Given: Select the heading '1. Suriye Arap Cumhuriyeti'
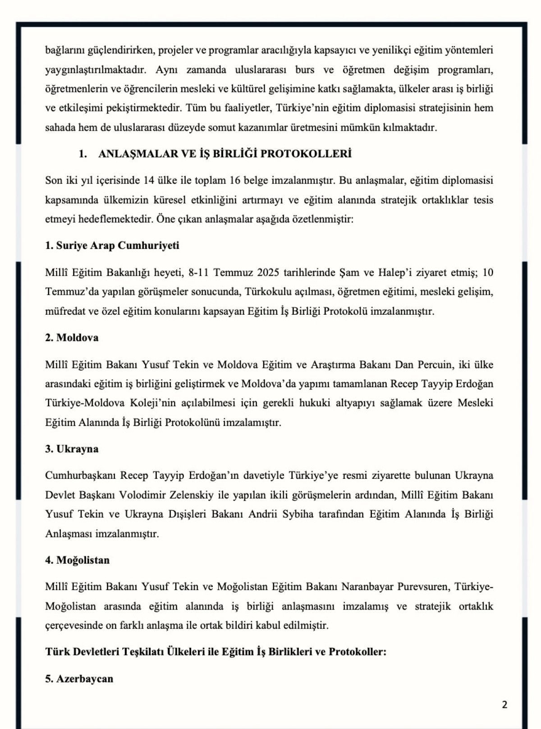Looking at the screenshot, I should [112, 246].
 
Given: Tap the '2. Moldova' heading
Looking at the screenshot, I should [72, 338].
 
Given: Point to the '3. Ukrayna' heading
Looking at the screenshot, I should [72, 449].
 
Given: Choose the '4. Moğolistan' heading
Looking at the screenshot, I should [77, 560].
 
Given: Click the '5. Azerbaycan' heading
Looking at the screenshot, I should [79, 679].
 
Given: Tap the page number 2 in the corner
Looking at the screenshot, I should [504, 705].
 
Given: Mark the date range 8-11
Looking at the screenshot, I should [199, 273].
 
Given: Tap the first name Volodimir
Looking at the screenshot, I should [141, 495].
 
